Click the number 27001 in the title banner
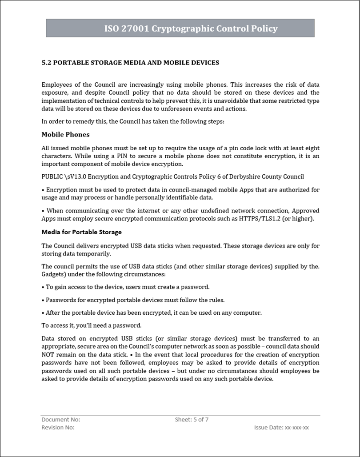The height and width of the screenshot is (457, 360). click(x=136, y=29)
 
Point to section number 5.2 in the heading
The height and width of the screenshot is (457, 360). click(x=47, y=63)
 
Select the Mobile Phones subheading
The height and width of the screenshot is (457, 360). click(x=65, y=134)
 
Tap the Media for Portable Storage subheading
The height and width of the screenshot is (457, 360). click(x=81, y=232)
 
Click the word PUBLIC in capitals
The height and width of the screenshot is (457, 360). click(x=53, y=176)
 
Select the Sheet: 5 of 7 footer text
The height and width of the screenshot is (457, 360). click(x=192, y=419)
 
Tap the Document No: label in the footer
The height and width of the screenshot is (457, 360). click(x=60, y=419)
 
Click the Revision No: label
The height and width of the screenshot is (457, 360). click(x=58, y=427)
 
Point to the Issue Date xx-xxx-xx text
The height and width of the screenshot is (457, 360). click(x=281, y=427)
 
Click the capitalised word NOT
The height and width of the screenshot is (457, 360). click(x=48, y=354)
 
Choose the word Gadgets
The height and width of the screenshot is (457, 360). click(x=54, y=274)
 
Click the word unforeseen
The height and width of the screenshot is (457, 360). click(x=177, y=108)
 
